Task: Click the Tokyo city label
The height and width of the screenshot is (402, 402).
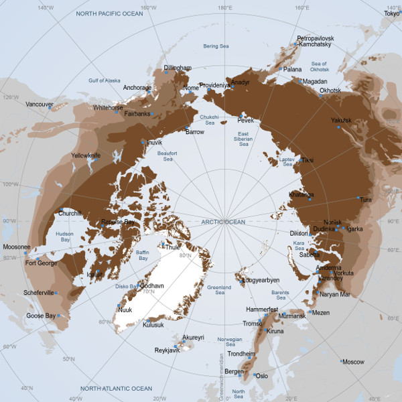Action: click(x=392, y=13)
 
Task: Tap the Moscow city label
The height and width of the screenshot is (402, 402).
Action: click(x=353, y=362)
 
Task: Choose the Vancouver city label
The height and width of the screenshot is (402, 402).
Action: click(x=39, y=105)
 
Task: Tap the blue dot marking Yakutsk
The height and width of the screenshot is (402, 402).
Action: click(x=338, y=127)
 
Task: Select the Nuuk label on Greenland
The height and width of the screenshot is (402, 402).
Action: click(x=125, y=310)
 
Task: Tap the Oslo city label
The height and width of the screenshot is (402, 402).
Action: click(x=261, y=376)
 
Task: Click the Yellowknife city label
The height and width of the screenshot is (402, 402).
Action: click(x=85, y=155)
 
